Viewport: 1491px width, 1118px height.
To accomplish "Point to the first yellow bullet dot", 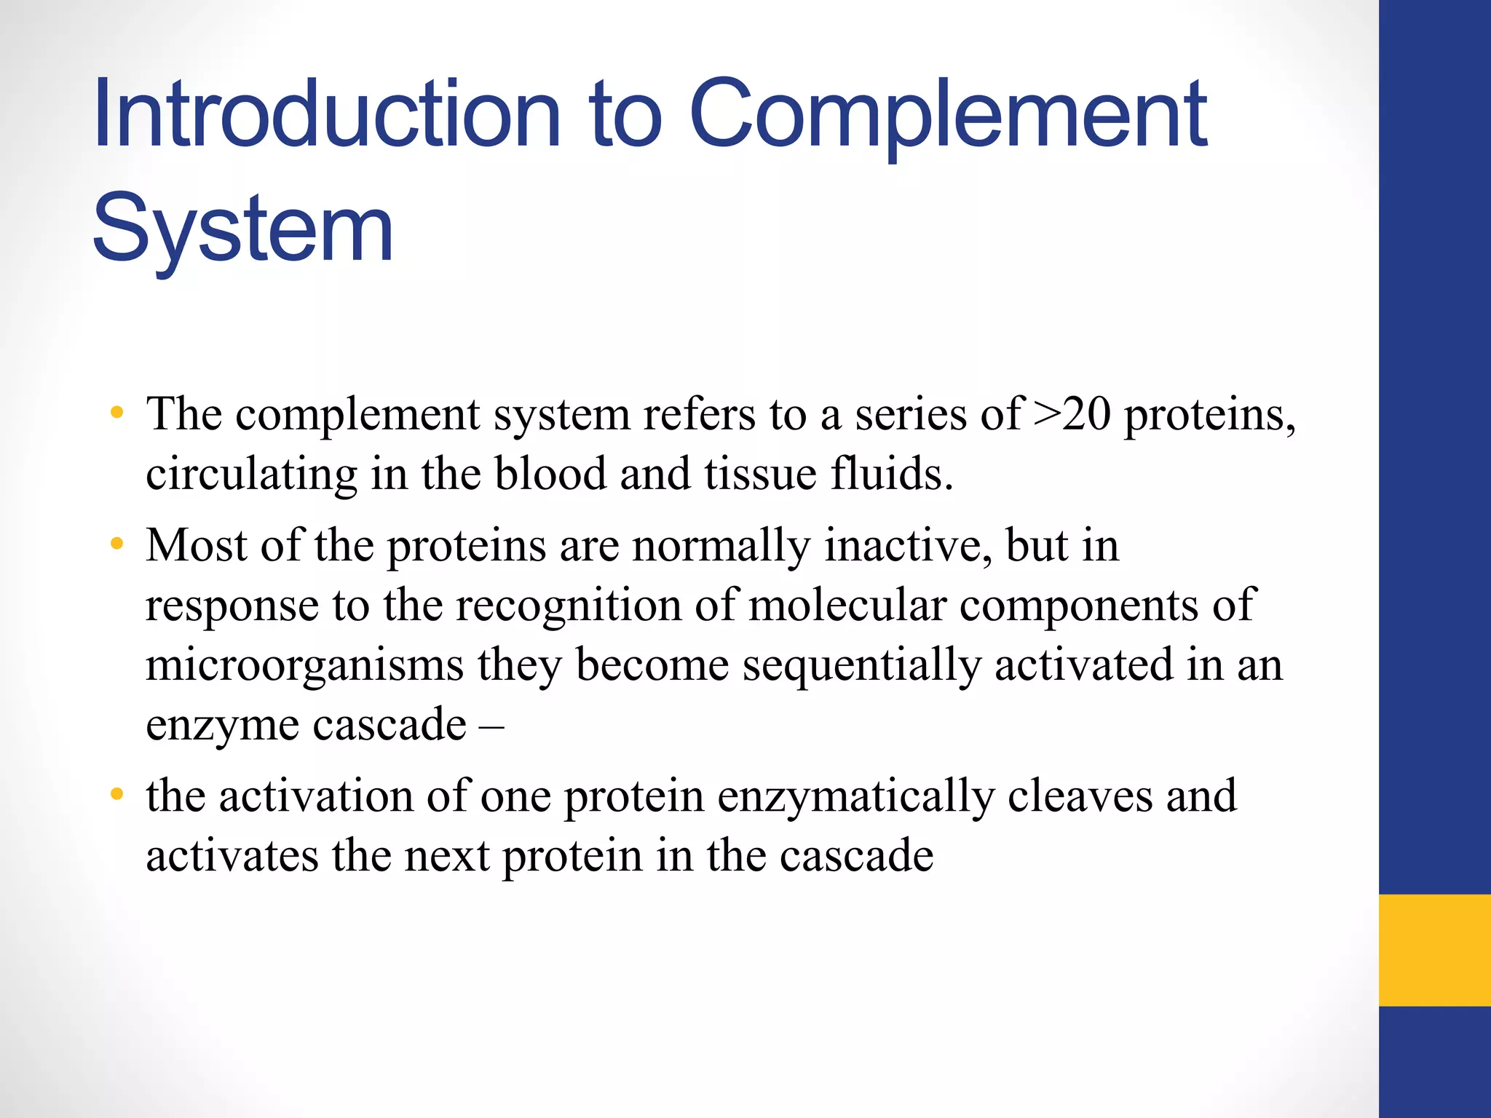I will click(116, 413).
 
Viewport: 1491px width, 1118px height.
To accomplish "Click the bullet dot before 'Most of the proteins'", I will click(116, 544).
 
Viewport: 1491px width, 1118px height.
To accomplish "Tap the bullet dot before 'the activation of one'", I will click(116, 794).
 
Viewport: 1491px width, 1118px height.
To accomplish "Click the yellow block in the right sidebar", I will click(1434, 949).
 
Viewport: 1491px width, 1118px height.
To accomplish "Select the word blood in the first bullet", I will click(550, 475).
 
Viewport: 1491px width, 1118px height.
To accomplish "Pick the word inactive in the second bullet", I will click(907, 546).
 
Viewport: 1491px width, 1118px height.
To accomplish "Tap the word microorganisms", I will click(304, 665).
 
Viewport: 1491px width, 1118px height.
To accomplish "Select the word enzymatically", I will click(856, 796).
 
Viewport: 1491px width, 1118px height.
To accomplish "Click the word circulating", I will click(252, 475).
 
